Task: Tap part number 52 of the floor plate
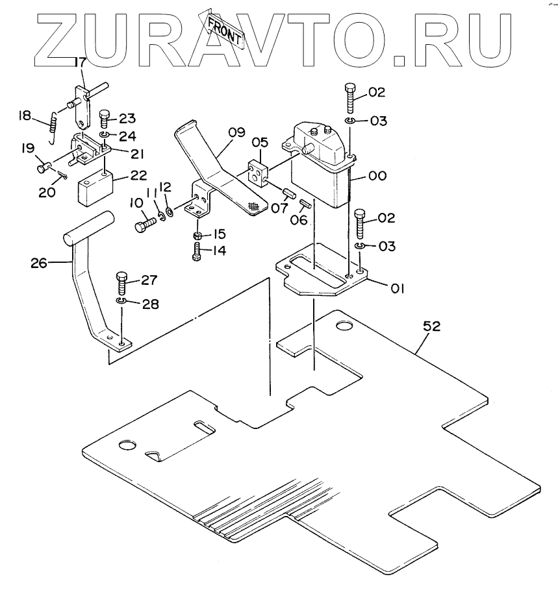click(431, 326)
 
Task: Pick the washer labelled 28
click(121, 301)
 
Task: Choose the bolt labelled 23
click(105, 120)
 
